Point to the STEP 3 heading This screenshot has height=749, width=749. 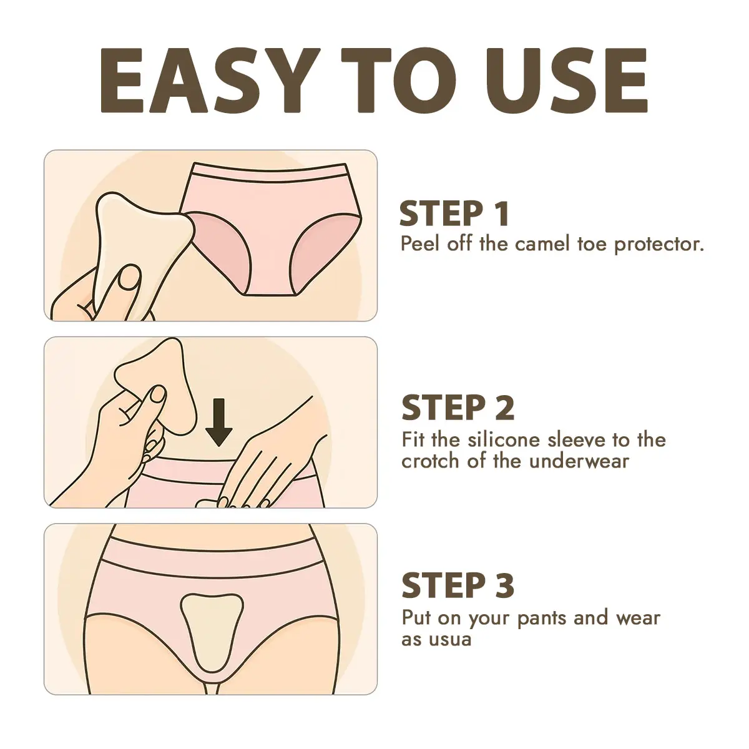point(458,585)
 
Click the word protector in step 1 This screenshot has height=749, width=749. point(659,245)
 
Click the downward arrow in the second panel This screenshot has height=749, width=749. point(219,422)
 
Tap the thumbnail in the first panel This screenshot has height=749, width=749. point(129,277)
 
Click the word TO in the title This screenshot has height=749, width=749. point(399,81)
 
